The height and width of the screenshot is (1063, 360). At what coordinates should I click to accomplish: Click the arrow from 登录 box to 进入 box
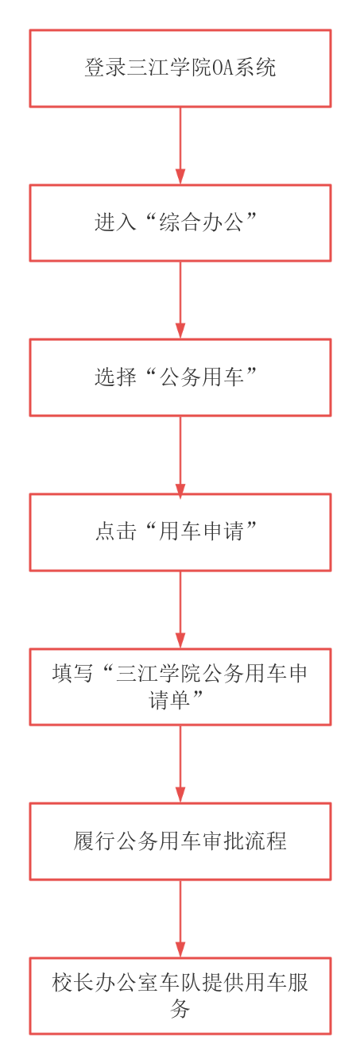pyautogui.click(x=180, y=145)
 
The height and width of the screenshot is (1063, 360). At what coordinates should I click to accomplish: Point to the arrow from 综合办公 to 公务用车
pyautogui.click(x=180, y=300)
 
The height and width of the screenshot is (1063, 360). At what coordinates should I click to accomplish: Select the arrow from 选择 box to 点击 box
pyautogui.click(x=180, y=454)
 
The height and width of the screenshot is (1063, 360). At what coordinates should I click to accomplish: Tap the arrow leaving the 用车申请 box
pyautogui.click(x=180, y=609)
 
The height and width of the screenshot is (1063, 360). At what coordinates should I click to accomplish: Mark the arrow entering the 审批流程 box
pyautogui.click(x=180, y=764)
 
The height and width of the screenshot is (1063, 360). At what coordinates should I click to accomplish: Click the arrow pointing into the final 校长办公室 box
pyautogui.click(x=180, y=918)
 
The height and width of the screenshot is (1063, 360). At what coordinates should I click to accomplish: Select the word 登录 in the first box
pyautogui.click(x=106, y=68)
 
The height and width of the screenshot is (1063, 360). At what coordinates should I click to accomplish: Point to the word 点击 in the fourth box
pyautogui.click(x=116, y=531)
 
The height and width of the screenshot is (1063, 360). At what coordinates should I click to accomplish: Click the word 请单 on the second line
pyautogui.click(x=169, y=699)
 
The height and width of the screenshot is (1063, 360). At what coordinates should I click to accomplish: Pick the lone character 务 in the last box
pyautogui.click(x=180, y=1009)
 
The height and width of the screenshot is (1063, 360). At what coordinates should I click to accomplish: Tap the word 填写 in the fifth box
pyautogui.click(x=73, y=674)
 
